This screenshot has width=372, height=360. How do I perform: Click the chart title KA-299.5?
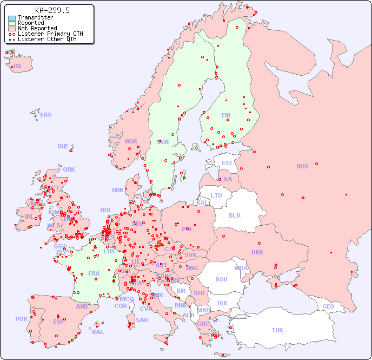click(52, 10)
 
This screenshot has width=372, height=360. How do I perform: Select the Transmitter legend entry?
click(35, 17)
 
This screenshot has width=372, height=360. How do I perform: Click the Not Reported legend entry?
click(37, 28)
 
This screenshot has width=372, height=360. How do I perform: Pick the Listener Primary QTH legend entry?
click(50, 34)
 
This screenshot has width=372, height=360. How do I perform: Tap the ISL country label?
click(18, 67)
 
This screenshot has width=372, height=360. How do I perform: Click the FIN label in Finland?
click(226, 115)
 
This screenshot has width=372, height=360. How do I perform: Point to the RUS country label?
click(302, 166)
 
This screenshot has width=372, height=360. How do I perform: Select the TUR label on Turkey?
click(277, 330)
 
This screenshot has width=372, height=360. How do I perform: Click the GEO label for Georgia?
click(328, 306)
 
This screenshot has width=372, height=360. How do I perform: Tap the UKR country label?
click(257, 252)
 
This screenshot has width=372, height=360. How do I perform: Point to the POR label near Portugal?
click(21, 319)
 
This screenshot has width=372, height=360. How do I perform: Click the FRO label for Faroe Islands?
click(46, 115)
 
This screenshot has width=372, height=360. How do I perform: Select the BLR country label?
click(234, 215)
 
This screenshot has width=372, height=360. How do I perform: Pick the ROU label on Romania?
click(221, 279)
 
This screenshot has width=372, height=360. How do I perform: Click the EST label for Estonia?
click(227, 163)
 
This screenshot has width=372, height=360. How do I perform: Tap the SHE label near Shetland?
click(63, 146)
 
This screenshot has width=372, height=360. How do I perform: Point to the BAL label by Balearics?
click(98, 332)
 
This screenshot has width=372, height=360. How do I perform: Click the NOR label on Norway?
click(131, 141)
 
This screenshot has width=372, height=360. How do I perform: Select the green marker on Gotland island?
click(184, 178)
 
